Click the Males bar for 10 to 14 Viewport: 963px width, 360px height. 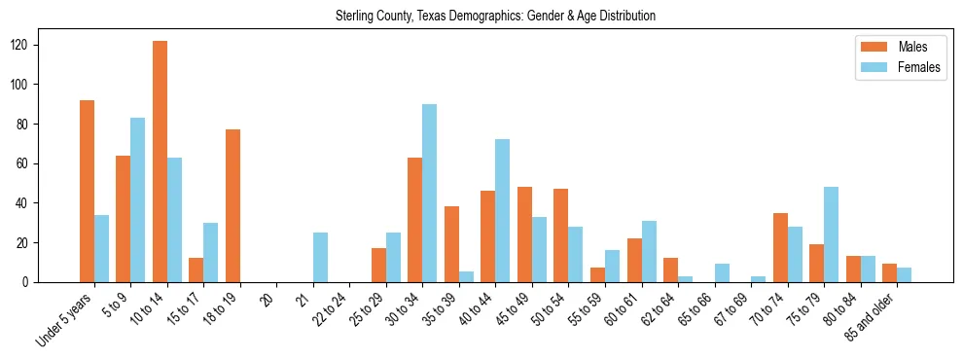click(x=160, y=162)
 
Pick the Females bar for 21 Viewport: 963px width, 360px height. click(x=320, y=257)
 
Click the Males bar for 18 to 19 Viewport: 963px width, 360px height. click(x=232, y=205)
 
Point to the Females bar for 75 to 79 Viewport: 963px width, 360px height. click(x=832, y=234)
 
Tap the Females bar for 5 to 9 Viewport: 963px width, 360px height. click(x=137, y=199)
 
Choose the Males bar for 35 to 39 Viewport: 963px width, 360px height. click(x=451, y=243)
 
